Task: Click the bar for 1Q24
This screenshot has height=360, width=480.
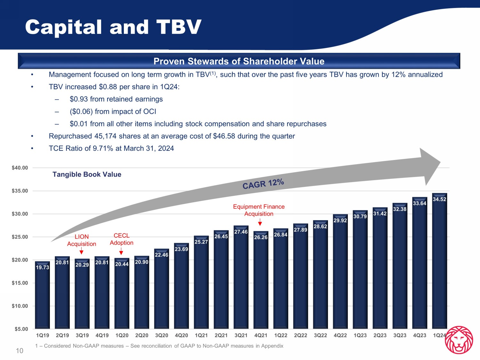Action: pos(439,261)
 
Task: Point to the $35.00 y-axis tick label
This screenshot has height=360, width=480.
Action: pos(20,191)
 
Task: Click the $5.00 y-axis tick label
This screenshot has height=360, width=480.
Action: pos(21,329)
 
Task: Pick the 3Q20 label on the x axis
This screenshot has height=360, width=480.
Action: pos(162,335)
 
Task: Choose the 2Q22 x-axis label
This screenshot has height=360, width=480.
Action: pos(300,335)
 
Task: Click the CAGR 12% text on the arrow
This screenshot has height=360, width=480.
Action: pos(263,184)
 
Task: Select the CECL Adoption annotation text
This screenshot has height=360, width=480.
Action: pos(122,239)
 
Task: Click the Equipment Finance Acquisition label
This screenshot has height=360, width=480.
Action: pos(259,210)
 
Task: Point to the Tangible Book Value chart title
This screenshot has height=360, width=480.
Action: pos(87,174)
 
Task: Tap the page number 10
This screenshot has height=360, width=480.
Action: pos(20,351)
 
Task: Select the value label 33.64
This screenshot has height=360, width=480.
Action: pos(420,203)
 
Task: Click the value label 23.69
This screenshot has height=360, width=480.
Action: pos(181,249)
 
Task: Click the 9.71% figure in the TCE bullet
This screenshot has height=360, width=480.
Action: pos(103,148)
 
